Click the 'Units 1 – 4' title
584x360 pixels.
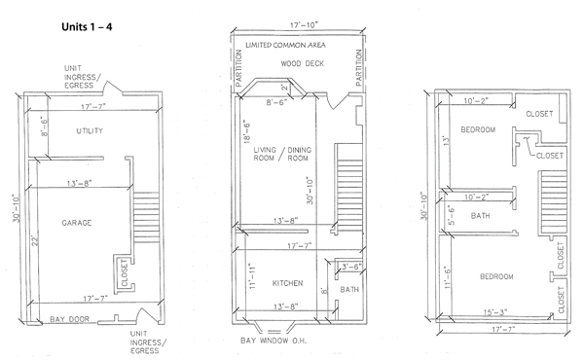click(87, 27)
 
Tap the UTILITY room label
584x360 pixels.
click(90, 130)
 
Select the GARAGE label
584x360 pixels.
click(77, 223)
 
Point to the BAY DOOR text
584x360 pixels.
click(70, 319)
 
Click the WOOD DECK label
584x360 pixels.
click(303, 63)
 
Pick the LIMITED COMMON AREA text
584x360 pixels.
click(285, 45)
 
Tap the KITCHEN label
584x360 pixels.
click(287, 283)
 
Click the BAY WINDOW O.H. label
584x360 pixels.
click(274, 341)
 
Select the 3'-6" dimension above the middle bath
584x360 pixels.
click(351, 267)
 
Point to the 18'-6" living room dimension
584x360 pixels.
click(246, 131)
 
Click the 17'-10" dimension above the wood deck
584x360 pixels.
click(305, 25)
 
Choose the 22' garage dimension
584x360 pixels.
click(35, 240)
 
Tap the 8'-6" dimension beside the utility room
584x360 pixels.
click(45, 126)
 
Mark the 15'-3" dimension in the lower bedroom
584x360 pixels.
click(495, 312)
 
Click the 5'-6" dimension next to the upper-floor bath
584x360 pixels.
click(452, 215)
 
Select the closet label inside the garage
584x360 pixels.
click(125, 272)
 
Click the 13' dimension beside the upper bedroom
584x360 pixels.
click(448, 140)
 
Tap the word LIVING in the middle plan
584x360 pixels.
click(265, 150)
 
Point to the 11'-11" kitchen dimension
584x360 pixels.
click(252, 276)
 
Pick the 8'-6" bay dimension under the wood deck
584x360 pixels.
click(276, 102)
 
